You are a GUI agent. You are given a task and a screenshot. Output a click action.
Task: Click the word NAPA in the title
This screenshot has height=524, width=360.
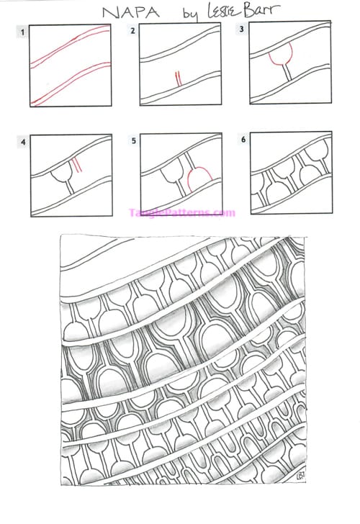click(131, 13)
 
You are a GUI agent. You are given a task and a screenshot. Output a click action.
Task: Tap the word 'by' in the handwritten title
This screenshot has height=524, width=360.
click(191, 14)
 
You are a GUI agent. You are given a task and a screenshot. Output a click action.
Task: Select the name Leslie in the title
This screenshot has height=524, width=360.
click(223, 11)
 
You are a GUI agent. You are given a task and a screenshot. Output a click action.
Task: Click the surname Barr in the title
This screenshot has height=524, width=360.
click(262, 9)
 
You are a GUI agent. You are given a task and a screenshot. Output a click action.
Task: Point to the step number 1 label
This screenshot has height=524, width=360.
click(22, 32)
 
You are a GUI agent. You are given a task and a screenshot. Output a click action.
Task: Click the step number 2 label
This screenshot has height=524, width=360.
click(132, 31)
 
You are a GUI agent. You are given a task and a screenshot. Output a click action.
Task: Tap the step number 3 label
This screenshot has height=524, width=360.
click(241, 29)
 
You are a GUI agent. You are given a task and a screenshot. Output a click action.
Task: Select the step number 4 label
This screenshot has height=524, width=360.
click(23, 143)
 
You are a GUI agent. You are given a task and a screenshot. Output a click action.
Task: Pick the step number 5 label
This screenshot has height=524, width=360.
click(134, 140)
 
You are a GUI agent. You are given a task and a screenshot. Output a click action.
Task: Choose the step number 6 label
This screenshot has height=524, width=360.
click(243, 139)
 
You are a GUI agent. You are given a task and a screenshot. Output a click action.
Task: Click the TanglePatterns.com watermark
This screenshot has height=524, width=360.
click(182, 213)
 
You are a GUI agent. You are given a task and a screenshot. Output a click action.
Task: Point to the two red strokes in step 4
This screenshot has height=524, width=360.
click(77, 166)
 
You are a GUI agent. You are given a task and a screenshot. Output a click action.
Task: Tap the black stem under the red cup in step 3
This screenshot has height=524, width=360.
click(287, 73)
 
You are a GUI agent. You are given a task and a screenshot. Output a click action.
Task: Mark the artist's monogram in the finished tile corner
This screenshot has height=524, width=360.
click(299, 474)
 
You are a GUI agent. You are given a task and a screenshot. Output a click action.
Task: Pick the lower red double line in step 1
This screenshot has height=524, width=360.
click(70, 83)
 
